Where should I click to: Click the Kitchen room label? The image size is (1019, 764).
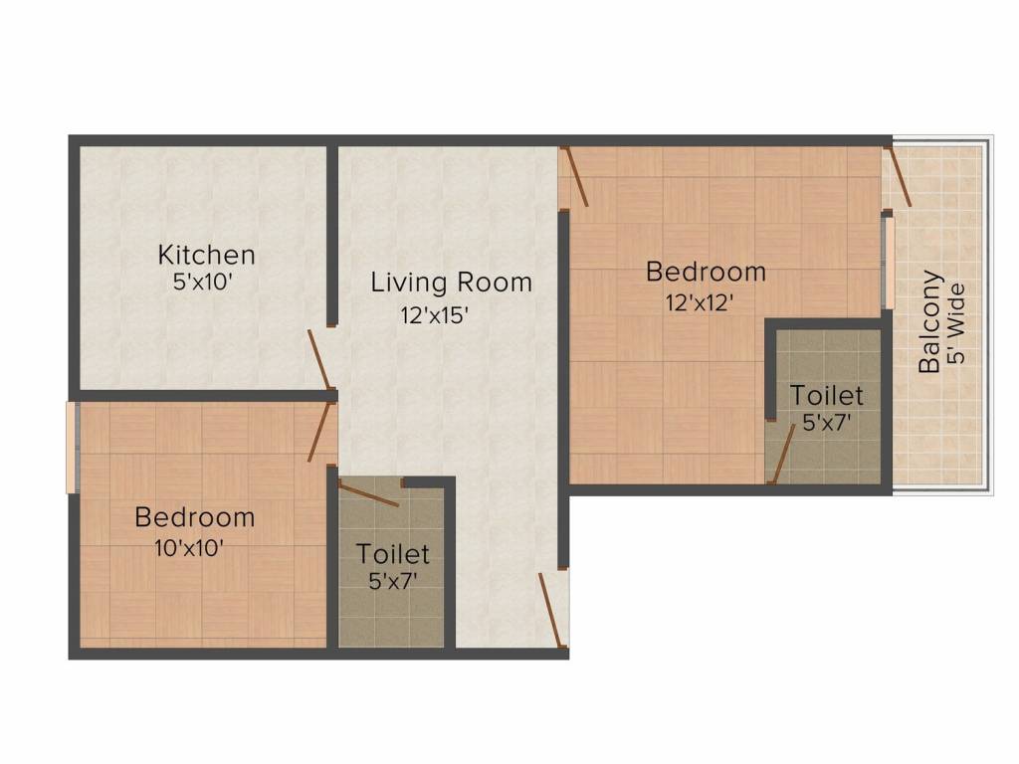207,255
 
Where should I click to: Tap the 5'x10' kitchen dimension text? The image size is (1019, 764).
203,282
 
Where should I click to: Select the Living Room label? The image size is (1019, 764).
451,282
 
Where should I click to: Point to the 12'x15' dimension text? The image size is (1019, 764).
435,315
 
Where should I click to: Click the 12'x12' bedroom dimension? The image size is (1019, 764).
700,302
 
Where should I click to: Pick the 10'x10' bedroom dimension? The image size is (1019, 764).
189,548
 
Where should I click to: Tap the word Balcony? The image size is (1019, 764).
929,321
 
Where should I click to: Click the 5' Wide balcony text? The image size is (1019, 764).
956,323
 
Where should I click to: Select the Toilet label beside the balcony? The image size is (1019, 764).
827,395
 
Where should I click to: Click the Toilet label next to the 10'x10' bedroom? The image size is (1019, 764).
392,553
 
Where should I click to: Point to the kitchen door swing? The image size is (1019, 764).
321,359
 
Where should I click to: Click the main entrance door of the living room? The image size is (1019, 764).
550,610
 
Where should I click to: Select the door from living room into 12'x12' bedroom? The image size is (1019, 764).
577,177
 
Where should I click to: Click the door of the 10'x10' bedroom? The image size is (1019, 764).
321,432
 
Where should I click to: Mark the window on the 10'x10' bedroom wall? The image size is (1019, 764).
73,448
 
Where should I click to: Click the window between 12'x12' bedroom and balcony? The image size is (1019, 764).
888,263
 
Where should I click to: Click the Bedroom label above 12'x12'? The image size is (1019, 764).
706,272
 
